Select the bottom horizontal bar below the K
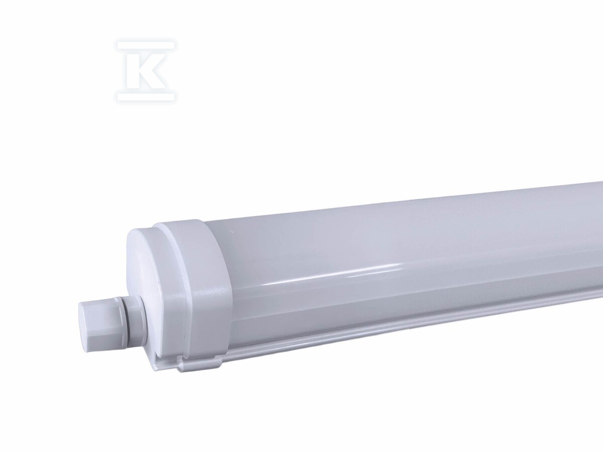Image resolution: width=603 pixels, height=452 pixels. (146, 96)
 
